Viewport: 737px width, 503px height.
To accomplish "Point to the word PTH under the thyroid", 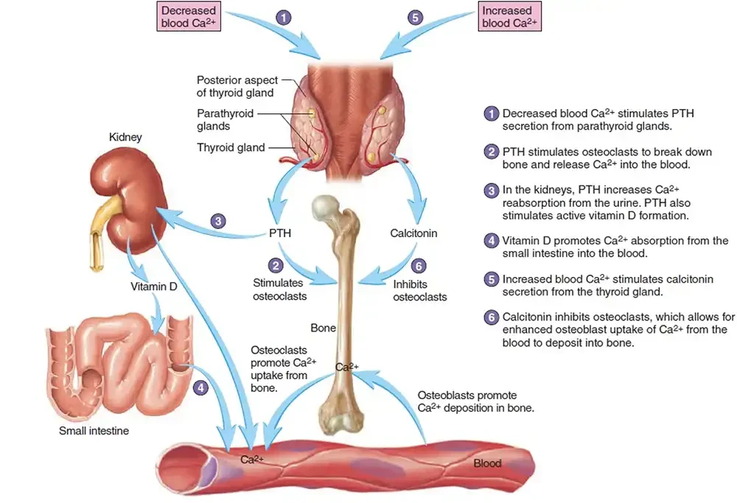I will click(x=280, y=233).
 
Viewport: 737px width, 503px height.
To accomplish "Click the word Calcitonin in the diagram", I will click(x=413, y=233).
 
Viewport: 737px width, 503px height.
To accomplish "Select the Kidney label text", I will click(x=125, y=137).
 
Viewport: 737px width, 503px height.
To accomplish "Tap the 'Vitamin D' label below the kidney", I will click(x=153, y=286).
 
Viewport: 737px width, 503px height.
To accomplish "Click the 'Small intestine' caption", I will click(x=94, y=430).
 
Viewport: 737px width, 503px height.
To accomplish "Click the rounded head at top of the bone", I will click(x=326, y=209).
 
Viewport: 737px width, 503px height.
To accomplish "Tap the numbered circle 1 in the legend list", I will click(x=492, y=114).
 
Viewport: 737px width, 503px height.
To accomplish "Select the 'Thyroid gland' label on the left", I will click(x=231, y=147).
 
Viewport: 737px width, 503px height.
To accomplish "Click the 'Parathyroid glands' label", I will click(x=225, y=120).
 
